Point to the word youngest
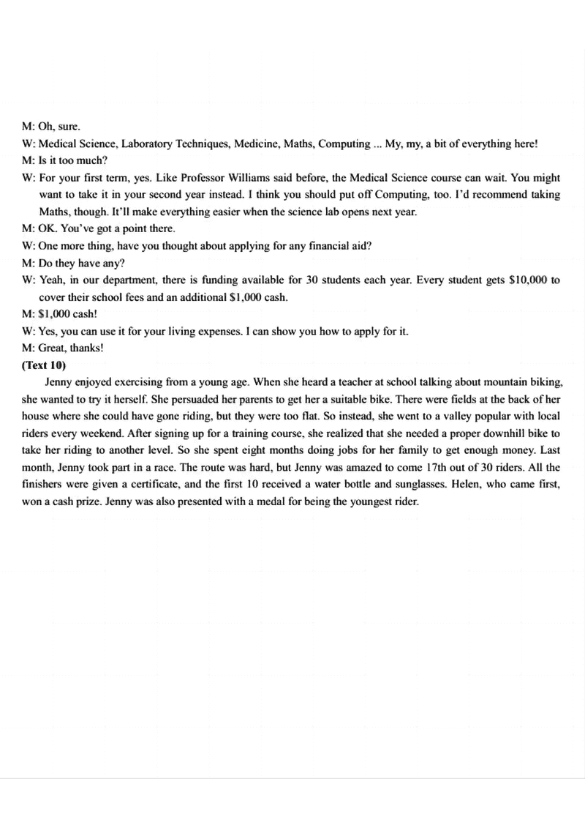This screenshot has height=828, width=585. tap(357, 501)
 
